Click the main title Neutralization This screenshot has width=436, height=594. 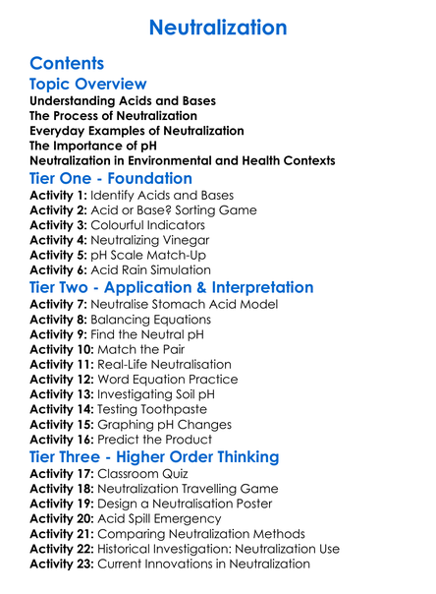click(218, 27)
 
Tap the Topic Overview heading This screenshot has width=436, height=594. click(88, 85)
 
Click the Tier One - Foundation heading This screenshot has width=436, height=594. click(111, 178)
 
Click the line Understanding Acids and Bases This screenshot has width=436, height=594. click(123, 101)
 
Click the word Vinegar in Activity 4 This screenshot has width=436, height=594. click(185, 239)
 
